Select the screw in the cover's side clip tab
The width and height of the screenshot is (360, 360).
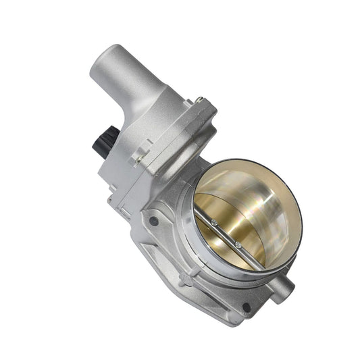point(140,158)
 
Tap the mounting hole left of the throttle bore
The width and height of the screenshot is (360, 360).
point(155,221)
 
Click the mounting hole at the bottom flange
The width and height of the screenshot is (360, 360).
point(246,307)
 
